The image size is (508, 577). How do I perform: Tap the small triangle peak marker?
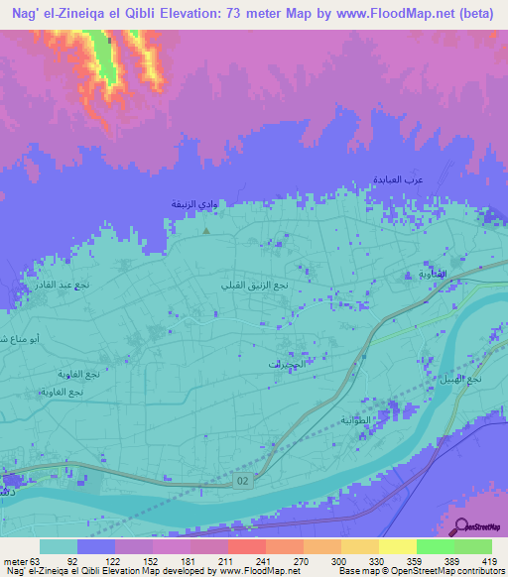click(206, 231)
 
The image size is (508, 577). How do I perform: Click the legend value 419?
click(490, 559)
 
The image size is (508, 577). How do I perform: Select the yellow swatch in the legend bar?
click(397, 546)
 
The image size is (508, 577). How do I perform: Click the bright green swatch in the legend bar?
click(435, 546)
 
